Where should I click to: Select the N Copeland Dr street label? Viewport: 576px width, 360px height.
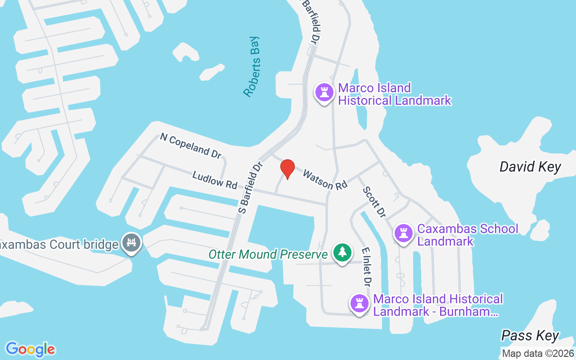point(191,146)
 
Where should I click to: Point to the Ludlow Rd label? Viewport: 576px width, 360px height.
point(215,180)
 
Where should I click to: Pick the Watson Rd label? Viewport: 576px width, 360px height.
point(325,180)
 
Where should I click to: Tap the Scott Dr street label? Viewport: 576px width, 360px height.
point(374,202)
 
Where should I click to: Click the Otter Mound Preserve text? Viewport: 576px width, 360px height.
point(268,254)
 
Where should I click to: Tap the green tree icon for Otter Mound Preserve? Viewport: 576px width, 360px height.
point(342,252)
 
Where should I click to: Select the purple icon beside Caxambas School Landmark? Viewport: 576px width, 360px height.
point(403,233)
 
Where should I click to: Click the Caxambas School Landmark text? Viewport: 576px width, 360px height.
point(468,235)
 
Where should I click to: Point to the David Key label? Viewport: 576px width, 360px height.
point(530,167)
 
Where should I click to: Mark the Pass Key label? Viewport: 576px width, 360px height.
point(530,335)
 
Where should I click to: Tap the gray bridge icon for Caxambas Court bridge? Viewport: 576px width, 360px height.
point(131,243)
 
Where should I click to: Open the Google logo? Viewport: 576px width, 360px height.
point(30,349)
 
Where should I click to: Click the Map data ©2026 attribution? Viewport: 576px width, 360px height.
point(538,353)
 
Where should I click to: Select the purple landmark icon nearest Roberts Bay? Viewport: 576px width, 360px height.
point(324,92)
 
